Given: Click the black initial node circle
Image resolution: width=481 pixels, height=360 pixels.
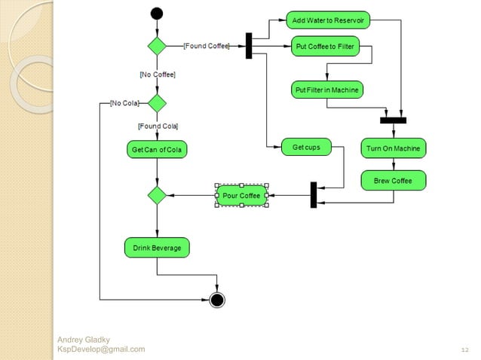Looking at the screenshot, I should [157, 13].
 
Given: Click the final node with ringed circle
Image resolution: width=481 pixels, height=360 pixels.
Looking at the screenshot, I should [217, 300].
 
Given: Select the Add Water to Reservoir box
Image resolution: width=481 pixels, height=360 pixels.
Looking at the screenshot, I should [328, 20].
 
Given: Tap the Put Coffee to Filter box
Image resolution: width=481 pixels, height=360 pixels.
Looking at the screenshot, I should [326, 47].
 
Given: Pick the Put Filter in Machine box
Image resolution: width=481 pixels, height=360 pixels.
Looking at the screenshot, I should [327, 90].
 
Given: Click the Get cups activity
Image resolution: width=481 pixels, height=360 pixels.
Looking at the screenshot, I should [305, 148].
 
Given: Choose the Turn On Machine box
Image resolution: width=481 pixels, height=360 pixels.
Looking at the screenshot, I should [393, 148].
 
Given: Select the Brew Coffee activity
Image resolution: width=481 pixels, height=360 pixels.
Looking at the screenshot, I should [393, 181].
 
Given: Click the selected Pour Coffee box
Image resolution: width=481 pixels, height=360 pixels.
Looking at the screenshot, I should [241, 196].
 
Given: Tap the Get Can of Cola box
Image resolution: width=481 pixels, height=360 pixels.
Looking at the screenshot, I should [156, 150].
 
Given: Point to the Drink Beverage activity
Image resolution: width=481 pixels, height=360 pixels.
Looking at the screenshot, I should [156, 247].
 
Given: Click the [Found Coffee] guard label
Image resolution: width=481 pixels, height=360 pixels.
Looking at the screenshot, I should [207, 47].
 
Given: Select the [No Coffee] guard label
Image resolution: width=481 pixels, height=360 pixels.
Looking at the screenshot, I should [157, 75].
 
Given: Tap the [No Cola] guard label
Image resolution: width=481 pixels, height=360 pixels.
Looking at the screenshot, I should [124, 102].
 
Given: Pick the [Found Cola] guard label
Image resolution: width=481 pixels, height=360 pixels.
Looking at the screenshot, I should [158, 125].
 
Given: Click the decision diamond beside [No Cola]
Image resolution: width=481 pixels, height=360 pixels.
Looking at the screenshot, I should [157, 102].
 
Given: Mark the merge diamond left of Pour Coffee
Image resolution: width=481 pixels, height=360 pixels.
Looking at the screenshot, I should [157, 196].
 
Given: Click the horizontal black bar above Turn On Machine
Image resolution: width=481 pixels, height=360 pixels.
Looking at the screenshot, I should [393, 120].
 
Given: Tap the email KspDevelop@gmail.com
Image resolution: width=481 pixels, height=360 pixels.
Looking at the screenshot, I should [101, 349].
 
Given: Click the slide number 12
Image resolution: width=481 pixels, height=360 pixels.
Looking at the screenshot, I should [464, 350].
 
